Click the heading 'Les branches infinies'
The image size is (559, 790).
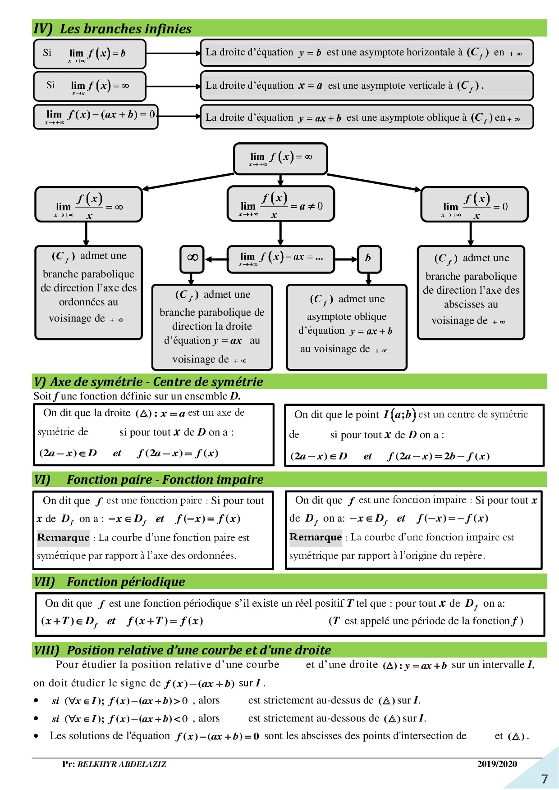point(125,29)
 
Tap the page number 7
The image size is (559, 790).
point(545,779)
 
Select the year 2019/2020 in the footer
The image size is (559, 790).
point(497,764)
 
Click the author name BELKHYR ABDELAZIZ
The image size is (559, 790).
point(122,764)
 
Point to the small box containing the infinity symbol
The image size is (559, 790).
point(192,258)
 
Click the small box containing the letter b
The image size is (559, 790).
point(369,258)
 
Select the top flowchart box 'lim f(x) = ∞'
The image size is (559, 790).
point(280,159)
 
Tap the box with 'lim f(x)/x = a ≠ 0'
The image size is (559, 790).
point(280,204)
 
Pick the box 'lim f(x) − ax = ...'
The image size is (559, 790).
point(280,259)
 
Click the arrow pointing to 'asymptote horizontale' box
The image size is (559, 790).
point(173,53)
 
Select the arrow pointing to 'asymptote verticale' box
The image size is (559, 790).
point(173,86)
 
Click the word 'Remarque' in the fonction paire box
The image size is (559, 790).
point(63,537)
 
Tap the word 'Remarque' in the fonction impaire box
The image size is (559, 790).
point(316,537)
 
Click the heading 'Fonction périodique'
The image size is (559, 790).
point(126,582)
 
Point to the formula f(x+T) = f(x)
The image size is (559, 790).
point(165,621)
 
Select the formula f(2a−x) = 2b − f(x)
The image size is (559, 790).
point(438,456)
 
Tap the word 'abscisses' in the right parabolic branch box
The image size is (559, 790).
point(471,304)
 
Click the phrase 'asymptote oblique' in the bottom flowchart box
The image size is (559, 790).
point(347,317)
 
